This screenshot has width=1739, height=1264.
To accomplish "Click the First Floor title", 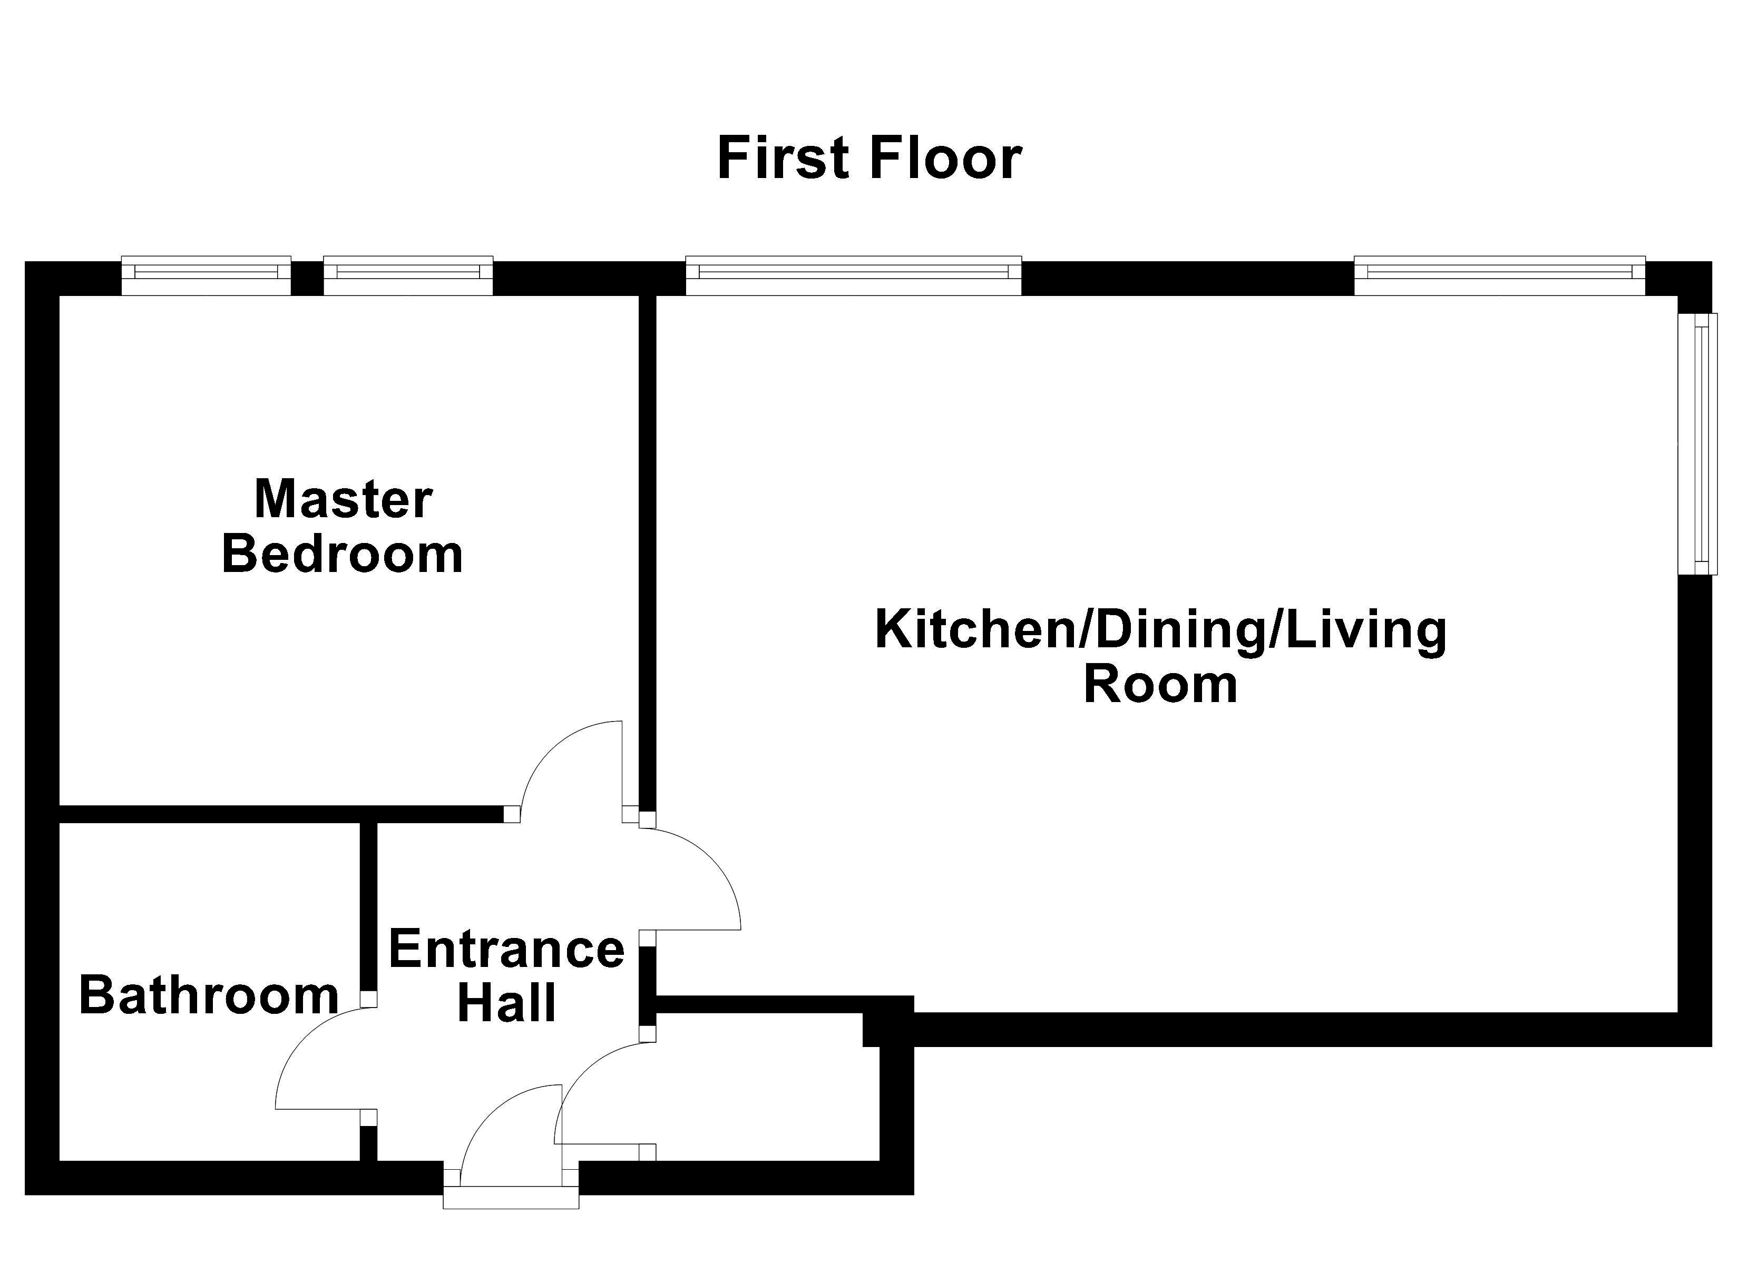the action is click(x=869, y=158).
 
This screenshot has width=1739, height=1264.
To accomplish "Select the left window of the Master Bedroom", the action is click(x=206, y=275).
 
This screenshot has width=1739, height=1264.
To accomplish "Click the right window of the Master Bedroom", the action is click(x=408, y=275).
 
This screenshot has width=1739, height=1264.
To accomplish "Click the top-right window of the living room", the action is click(x=1500, y=275).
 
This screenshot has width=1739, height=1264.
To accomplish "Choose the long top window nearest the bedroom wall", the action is click(x=853, y=275).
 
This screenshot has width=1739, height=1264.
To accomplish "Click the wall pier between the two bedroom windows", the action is click(x=307, y=278).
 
